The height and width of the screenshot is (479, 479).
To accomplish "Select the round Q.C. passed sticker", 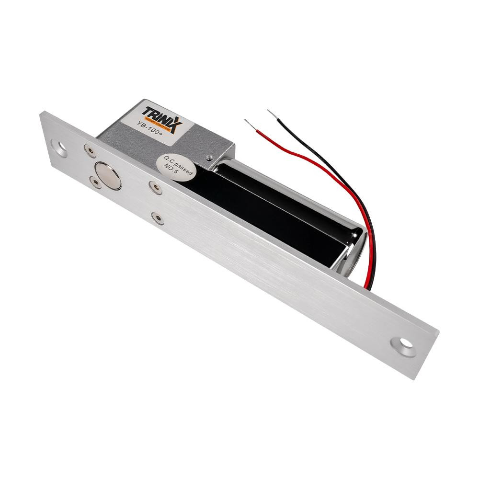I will [x=176, y=168].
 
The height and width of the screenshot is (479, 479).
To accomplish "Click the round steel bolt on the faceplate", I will [x=108, y=175].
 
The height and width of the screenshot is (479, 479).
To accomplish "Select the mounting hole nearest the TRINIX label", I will [x=60, y=148].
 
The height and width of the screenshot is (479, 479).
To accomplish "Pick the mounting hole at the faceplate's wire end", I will [x=402, y=346].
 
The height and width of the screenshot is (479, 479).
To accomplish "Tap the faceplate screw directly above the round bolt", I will [x=89, y=151].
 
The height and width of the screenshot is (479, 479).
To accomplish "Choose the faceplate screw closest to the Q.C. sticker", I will [x=155, y=187].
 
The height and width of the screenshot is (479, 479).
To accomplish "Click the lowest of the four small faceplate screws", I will [x=157, y=218].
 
